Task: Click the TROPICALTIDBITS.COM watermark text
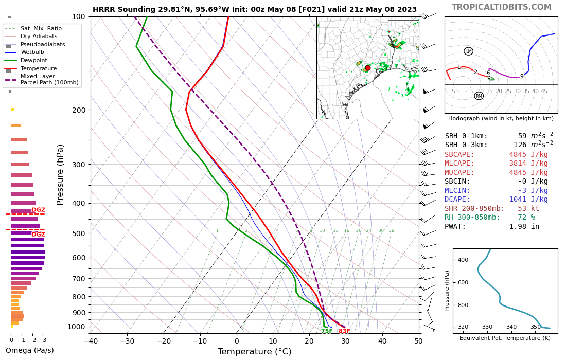coord(501,7)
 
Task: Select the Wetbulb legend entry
coord(33,52)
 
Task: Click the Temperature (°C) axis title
coord(254,352)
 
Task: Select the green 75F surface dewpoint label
coord(327,331)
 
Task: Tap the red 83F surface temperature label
coord(344,331)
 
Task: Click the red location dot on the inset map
coord(367,68)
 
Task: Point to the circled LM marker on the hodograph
coord(468,51)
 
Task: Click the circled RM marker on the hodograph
coord(479,96)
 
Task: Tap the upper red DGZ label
coord(39,210)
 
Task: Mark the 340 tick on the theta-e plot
coord(511,327)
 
